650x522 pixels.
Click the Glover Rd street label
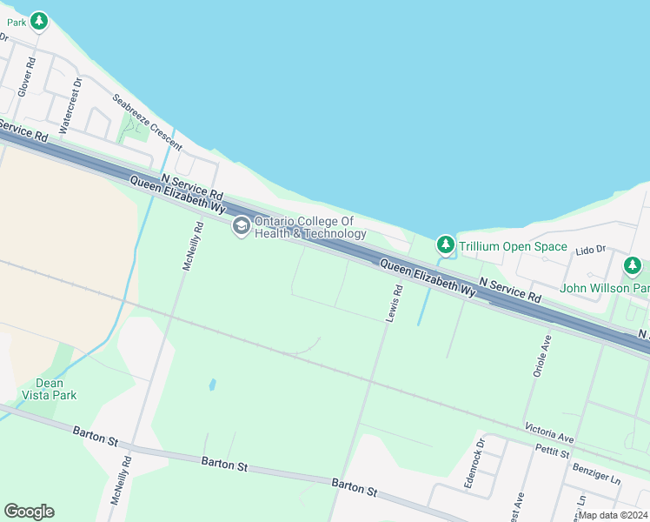(x=27, y=77)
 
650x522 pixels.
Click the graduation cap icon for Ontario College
(x=241, y=226)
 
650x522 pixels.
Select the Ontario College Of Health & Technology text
(x=310, y=227)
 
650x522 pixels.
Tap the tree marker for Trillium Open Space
(x=446, y=244)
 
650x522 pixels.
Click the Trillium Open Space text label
(x=513, y=247)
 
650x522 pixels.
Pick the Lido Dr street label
(x=590, y=251)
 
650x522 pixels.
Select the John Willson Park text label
(x=604, y=288)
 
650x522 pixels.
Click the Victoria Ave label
(x=549, y=432)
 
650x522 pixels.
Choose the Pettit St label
(x=553, y=452)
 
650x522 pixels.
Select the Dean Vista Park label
(x=56, y=389)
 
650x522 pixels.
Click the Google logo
(x=29, y=512)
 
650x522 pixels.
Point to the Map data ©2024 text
(x=612, y=515)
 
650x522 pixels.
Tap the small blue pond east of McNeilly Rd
(x=212, y=384)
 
